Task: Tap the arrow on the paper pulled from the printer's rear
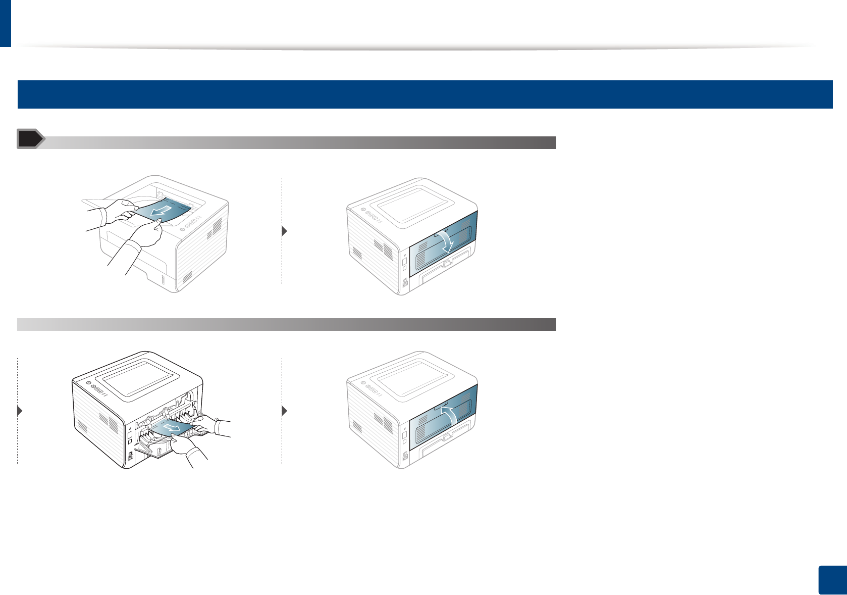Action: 172,428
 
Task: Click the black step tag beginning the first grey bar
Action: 30,139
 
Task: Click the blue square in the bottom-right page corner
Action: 831,580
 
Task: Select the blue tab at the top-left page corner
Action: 5,23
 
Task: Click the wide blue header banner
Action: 425,94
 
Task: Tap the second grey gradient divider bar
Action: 286,324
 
